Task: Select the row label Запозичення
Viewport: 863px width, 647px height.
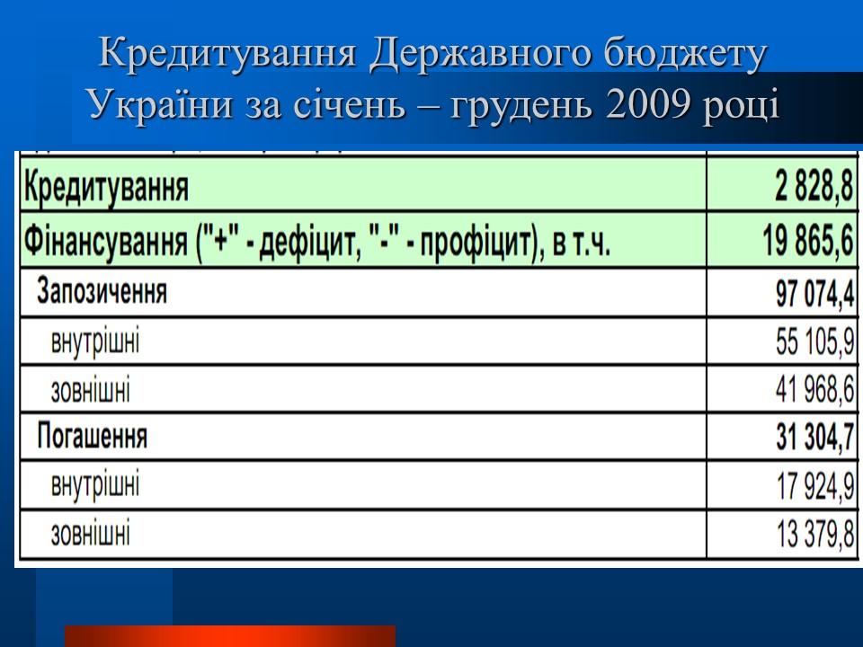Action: [x=101, y=292]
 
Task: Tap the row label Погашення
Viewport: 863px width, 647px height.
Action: [x=92, y=438]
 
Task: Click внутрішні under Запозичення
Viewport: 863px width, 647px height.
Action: [x=95, y=341]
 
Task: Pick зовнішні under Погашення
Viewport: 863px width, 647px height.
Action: [x=90, y=535]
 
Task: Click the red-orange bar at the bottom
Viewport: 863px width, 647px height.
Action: [x=229, y=635]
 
